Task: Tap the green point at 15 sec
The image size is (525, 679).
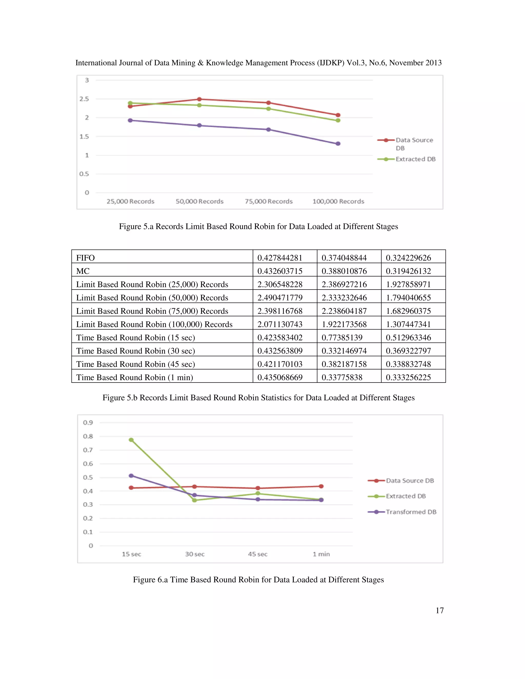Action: point(131,440)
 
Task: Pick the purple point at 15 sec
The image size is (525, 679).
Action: point(131,476)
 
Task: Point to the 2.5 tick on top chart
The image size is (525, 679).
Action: point(84,99)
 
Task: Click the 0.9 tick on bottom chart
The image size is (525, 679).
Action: point(88,423)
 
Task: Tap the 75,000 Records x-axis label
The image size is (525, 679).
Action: point(268,201)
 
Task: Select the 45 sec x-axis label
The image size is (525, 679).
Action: point(258,554)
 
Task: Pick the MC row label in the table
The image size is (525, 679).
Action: point(83,271)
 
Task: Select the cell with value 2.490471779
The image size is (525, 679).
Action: point(280,298)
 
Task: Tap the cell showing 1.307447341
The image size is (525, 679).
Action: point(408,324)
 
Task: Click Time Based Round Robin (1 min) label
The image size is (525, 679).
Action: point(135,377)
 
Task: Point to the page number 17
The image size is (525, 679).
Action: point(439,611)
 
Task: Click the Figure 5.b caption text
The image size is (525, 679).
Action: point(258,398)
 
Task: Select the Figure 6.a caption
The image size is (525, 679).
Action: point(258,580)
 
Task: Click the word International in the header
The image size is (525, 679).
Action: point(94,63)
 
